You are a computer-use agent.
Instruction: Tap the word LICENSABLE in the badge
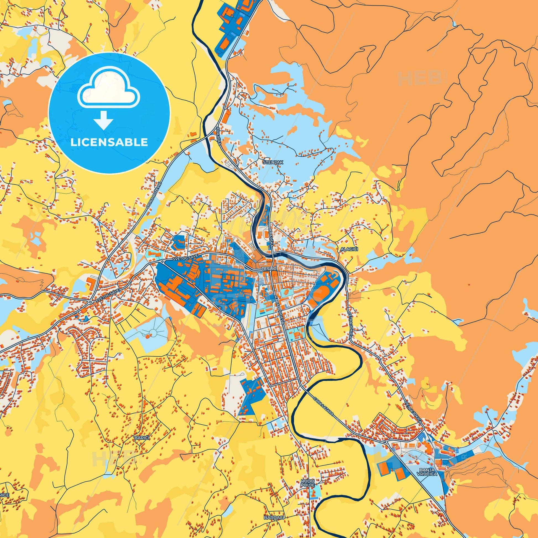click(x=109, y=142)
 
